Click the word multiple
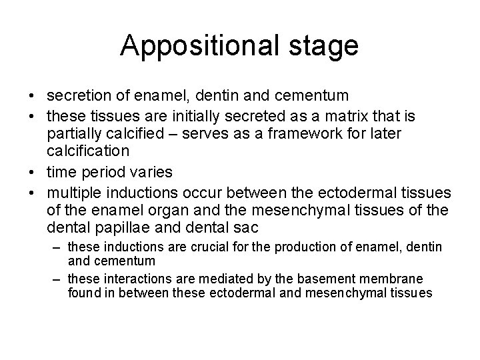tap(73, 193)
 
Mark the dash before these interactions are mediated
tap(59, 278)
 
